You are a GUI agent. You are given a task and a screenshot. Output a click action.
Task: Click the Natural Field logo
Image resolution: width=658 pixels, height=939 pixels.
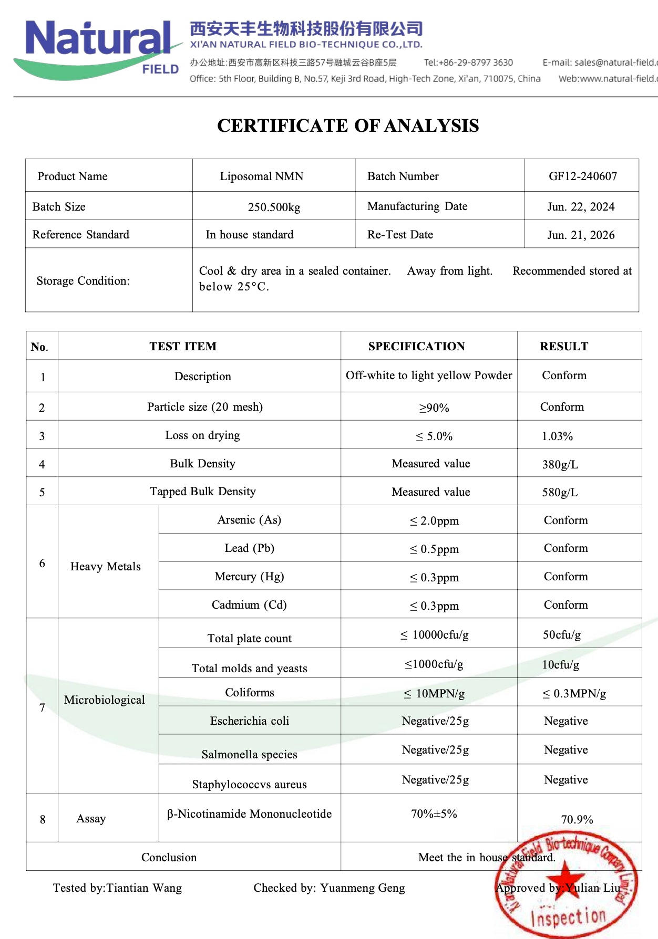coord(97,47)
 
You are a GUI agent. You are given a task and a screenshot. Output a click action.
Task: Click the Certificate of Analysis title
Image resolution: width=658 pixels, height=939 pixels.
coord(348,126)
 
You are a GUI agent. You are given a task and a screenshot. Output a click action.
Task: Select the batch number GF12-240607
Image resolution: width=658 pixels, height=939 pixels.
coord(583,176)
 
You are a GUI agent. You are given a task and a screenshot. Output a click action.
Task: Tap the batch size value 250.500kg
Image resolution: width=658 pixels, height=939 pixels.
coord(274,207)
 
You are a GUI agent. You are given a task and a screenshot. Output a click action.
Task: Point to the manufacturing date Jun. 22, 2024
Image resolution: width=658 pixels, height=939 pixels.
coord(581,207)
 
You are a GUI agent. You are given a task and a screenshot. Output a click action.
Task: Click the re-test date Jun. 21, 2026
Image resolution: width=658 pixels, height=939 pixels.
coord(581,235)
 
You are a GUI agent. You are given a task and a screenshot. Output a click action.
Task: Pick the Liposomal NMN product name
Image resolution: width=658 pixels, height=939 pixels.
coord(261,176)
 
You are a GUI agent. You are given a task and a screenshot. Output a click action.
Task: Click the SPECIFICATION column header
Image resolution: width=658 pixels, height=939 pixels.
coord(416,347)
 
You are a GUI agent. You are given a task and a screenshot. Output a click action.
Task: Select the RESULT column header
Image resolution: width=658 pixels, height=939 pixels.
coord(564,347)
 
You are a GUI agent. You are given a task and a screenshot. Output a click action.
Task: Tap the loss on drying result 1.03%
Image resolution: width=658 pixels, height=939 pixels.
coord(557,436)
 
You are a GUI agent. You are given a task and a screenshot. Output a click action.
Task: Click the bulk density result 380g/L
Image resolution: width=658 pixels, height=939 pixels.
coord(560,465)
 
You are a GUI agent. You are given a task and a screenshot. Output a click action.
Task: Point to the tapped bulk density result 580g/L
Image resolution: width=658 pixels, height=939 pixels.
coord(560,493)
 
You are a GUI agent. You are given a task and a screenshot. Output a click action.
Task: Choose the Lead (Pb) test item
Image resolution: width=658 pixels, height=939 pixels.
coord(249,548)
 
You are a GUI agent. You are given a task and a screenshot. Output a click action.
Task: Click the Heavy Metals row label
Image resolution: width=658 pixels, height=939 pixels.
coord(106,567)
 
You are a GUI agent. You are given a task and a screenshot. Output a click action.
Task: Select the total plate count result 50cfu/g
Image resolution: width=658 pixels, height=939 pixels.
coord(562,635)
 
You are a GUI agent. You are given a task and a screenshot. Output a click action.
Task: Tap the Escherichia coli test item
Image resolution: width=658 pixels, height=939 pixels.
coord(250,721)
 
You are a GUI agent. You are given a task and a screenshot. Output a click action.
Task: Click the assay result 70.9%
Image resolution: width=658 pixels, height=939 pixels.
coord(577,820)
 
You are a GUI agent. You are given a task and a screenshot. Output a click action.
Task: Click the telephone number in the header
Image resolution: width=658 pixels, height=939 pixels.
coord(468,62)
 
